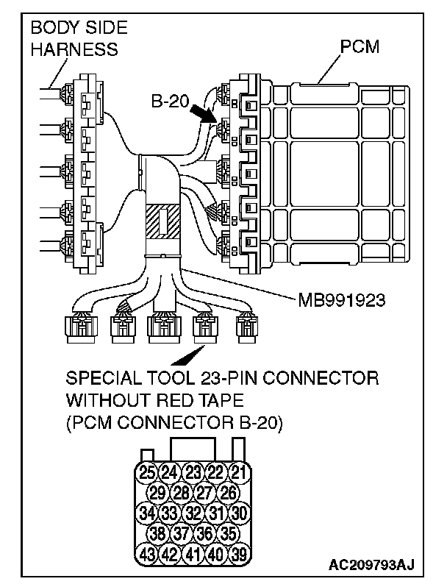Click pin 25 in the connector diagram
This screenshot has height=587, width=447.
(148, 471)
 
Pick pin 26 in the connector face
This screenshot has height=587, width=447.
(229, 491)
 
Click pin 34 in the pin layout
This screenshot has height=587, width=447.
(148, 513)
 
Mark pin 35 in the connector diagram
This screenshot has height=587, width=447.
(229, 533)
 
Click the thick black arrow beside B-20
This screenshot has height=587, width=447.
(204, 113)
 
